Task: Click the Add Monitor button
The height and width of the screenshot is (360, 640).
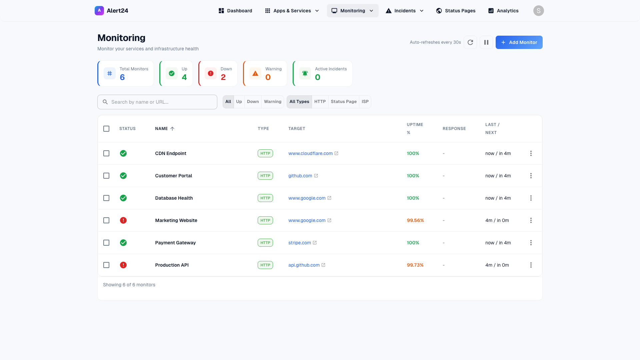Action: [x=519, y=42]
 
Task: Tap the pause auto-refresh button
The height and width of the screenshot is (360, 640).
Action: [x=486, y=42]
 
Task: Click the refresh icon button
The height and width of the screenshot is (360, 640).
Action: [x=470, y=42]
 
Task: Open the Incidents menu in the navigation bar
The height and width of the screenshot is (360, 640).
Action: [x=404, y=11]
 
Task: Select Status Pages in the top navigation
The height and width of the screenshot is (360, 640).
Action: [x=456, y=11]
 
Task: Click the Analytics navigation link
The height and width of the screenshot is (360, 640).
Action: [x=503, y=11]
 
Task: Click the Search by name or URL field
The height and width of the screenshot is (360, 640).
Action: [x=157, y=102]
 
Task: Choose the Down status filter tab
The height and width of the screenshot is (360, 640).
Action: [x=253, y=102]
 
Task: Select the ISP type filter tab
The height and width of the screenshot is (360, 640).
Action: [x=365, y=102]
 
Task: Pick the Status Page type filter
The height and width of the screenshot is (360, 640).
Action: [x=343, y=102]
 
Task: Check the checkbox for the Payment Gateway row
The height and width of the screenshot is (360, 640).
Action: [x=106, y=243]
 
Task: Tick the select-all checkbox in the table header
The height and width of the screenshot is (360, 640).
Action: [x=106, y=129]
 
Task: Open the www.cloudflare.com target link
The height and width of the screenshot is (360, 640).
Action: [x=310, y=153]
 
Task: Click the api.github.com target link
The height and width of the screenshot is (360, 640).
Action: [x=304, y=265]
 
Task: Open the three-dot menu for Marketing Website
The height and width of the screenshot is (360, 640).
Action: [x=531, y=220]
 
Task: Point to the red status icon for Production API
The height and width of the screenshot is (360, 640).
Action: [x=123, y=265]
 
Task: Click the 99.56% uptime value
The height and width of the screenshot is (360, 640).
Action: [x=415, y=220]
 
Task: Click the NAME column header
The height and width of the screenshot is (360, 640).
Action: [x=162, y=129]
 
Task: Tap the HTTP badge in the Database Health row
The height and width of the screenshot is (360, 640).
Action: [x=265, y=198]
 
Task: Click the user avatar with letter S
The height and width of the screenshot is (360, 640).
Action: [x=538, y=11]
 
